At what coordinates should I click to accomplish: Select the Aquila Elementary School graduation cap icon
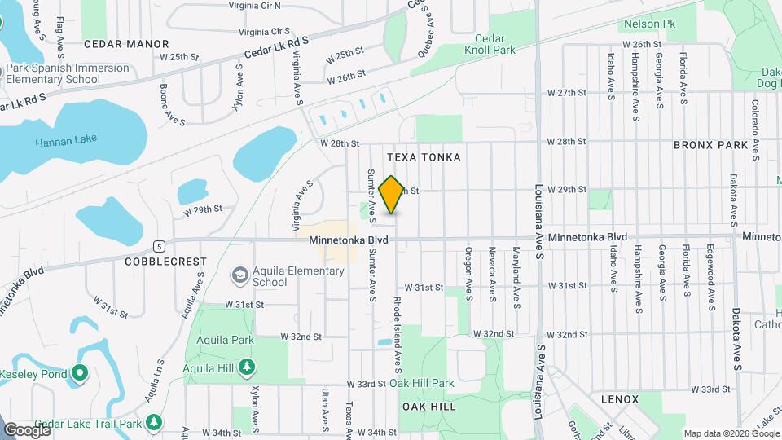point(240,275)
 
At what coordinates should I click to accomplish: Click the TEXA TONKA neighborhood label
point(424,157)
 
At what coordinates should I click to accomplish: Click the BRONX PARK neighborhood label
point(710,145)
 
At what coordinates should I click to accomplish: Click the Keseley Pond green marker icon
point(79,374)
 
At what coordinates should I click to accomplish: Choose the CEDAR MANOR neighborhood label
point(125,44)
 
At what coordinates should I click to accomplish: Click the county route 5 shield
point(160,245)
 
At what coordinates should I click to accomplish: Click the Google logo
point(26,429)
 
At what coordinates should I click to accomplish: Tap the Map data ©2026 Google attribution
point(729,433)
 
